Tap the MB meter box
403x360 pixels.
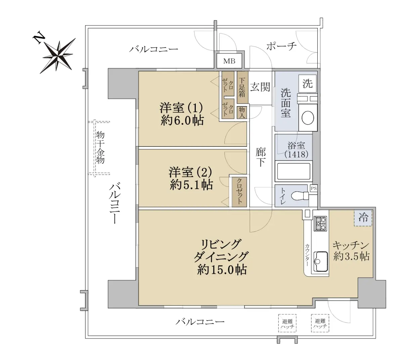[x=229, y=61]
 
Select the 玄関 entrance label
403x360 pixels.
[x=260, y=87]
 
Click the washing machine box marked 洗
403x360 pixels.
[x=307, y=84]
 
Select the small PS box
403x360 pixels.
[x=314, y=188]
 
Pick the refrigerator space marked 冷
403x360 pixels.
[x=363, y=218]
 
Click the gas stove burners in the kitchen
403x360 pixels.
[x=320, y=224]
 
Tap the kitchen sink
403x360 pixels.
[x=321, y=261]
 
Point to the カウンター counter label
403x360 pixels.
[x=307, y=255]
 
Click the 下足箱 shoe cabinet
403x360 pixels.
[x=242, y=88]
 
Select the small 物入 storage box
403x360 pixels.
[x=242, y=113]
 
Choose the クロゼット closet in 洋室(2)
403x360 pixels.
[x=239, y=192]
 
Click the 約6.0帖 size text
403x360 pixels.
[x=182, y=120]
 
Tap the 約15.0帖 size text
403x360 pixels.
[x=222, y=270]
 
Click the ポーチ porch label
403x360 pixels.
[x=281, y=46]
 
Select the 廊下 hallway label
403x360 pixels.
[x=261, y=157]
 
